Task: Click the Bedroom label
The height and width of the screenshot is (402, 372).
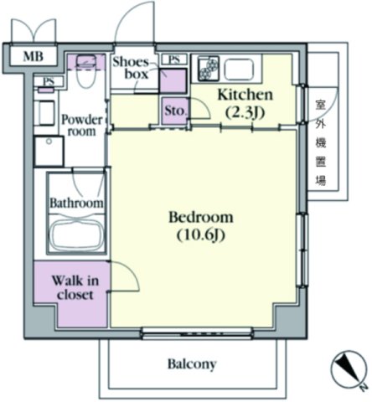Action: [201, 218]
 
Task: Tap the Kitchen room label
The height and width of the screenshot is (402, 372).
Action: [245, 95]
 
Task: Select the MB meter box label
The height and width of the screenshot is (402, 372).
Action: [34, 57]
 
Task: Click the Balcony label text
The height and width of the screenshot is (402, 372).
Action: [192, 364]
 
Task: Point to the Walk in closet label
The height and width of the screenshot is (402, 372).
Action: [75, 287]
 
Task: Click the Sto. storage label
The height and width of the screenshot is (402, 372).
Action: [175, 111]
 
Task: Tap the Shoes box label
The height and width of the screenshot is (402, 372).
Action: [131, 68]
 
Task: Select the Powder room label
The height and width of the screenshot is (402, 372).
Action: [81, 126]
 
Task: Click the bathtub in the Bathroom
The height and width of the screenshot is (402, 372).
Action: [76, 234]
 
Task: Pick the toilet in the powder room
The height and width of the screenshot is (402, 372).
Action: [86, 70]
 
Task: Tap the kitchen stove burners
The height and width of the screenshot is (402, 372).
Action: [209, 67]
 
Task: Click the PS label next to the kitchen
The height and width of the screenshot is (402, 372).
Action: [174, 59]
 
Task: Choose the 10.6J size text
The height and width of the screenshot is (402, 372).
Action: [201, 235]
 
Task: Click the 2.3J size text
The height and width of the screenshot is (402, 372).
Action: [245, 112]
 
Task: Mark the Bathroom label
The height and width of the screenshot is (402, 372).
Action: [77, 203]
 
